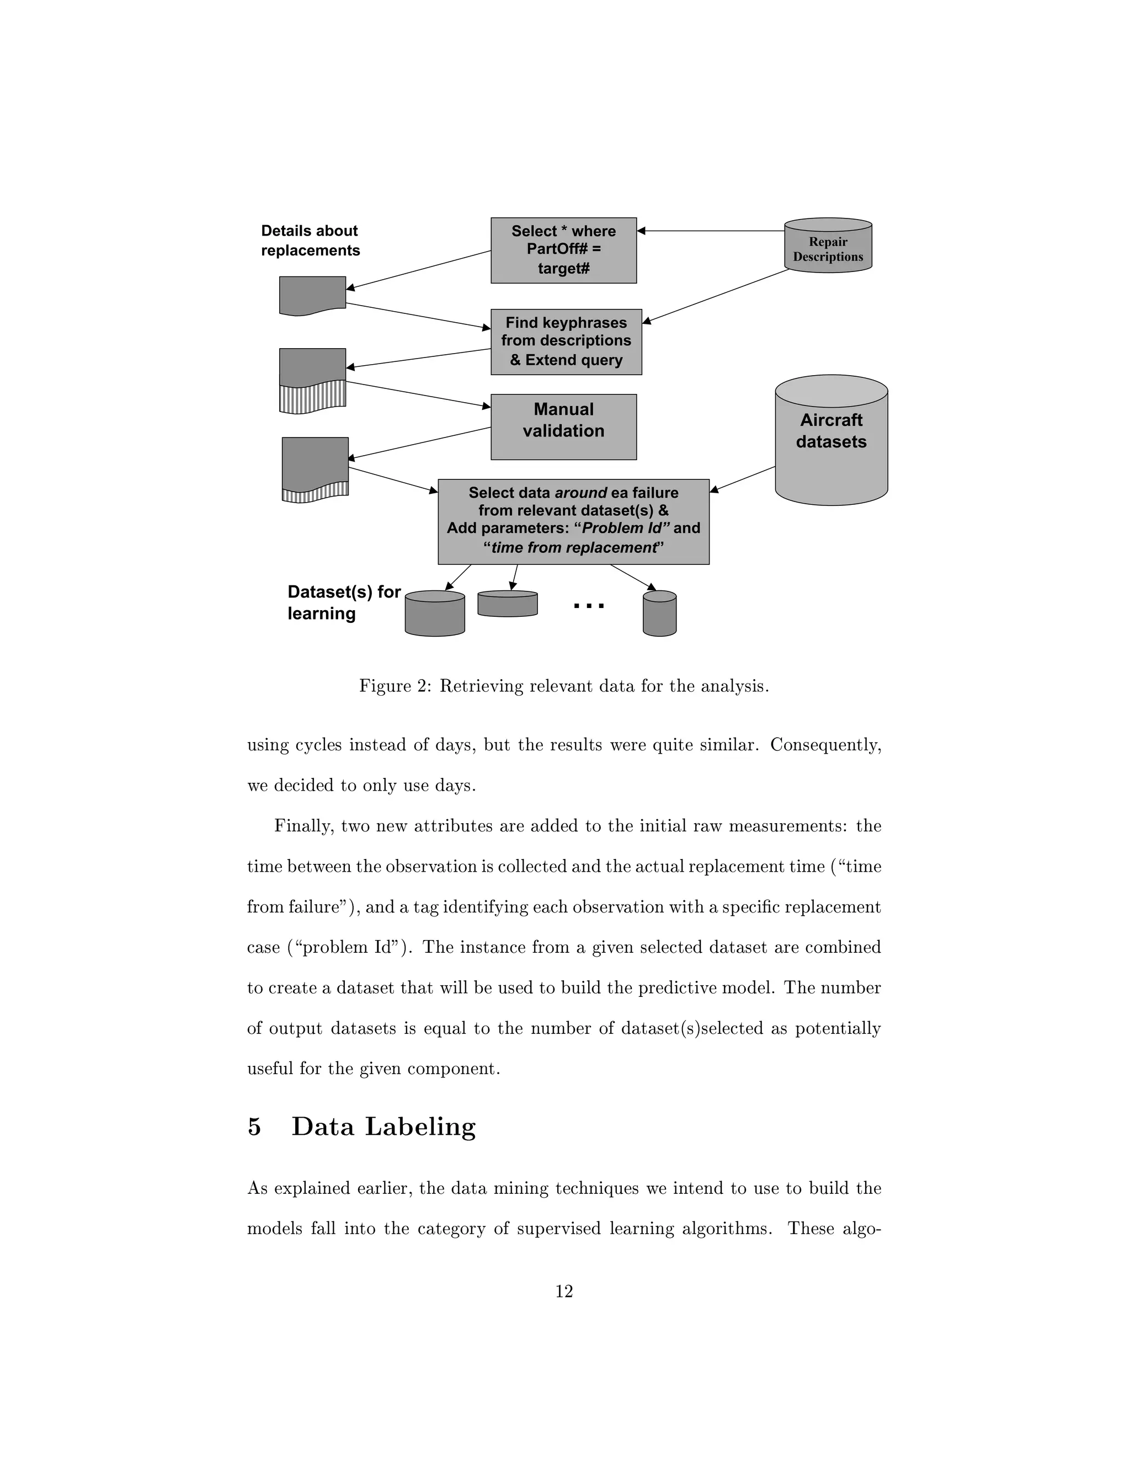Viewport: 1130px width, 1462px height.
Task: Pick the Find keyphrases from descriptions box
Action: click(566, 342)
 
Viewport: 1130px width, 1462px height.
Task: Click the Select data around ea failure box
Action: click(573, 521)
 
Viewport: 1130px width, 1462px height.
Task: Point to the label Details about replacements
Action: click(310, 241)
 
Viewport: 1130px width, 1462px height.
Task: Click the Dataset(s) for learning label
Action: click(343, 602)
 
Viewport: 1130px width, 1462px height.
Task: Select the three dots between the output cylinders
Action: click(589, 606)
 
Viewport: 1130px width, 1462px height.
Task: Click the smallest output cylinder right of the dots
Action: click(659, 614)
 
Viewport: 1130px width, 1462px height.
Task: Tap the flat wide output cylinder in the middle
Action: click(508, 604)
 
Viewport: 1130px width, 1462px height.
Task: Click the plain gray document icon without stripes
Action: click(312, 295)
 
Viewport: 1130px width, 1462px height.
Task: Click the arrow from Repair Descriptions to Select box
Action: click(710, 231)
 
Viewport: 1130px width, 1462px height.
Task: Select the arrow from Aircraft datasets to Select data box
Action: click(742, 479)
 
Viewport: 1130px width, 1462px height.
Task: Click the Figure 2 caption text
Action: click(564, 686)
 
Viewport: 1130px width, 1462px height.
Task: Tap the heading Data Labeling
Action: click(383, 1127)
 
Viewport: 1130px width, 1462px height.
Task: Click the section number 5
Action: click(254, 1127)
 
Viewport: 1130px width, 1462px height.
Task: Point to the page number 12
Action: click(564, 1292)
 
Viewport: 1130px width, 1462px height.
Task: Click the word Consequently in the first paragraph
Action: click(825, 745)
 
